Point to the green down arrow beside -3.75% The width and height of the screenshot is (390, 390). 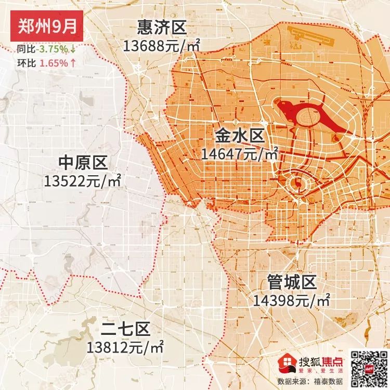coord(73,49)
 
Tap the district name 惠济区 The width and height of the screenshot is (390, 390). coord(161,28)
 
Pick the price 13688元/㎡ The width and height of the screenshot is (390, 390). coord(162,46)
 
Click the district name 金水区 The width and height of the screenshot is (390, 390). coord(240,137)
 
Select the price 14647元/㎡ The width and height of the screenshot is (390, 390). coord(240,154)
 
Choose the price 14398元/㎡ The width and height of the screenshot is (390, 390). coord(292,301)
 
